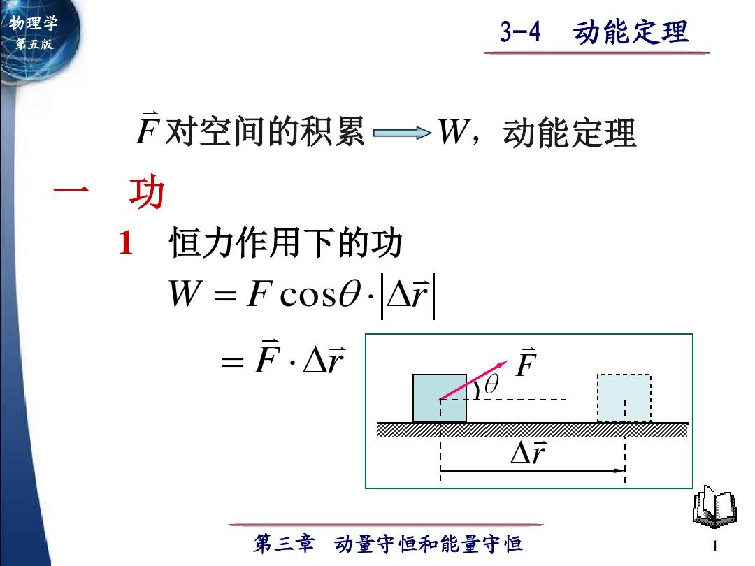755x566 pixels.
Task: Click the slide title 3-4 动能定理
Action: pos(595,32)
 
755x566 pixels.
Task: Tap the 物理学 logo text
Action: pos(33,24)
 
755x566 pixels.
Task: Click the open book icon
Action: pos(713,508)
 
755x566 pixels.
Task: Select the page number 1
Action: pos(714,545)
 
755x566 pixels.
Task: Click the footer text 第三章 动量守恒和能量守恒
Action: pos(388,544)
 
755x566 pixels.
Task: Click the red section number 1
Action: pos(126,244)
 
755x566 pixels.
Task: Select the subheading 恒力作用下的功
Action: pos(286,244)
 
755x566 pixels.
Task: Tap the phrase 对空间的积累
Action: pos(265,131)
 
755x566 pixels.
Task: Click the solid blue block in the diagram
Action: pos(439,398)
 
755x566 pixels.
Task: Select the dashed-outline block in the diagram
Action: pos(624,398)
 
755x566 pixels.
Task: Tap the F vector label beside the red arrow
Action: pos(526,365)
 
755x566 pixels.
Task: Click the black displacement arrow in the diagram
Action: pos(531,471)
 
